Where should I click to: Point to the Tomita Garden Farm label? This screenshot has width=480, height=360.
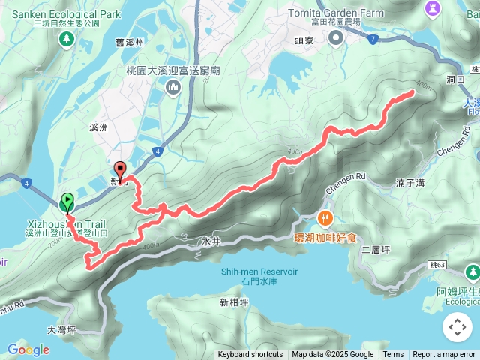(337, 13)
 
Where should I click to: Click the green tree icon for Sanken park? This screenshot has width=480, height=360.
(67, 37)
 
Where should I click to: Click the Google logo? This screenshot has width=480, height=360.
(28, 349)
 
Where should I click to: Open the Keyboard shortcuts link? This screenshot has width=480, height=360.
(250, 355)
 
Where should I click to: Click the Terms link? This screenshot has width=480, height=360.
(393, 355)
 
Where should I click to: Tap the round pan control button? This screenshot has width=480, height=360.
(457, 327)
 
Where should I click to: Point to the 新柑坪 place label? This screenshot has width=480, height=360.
(234, 302)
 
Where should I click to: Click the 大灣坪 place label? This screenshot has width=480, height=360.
(61, 329)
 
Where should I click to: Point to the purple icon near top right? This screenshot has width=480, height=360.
(431, 8)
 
